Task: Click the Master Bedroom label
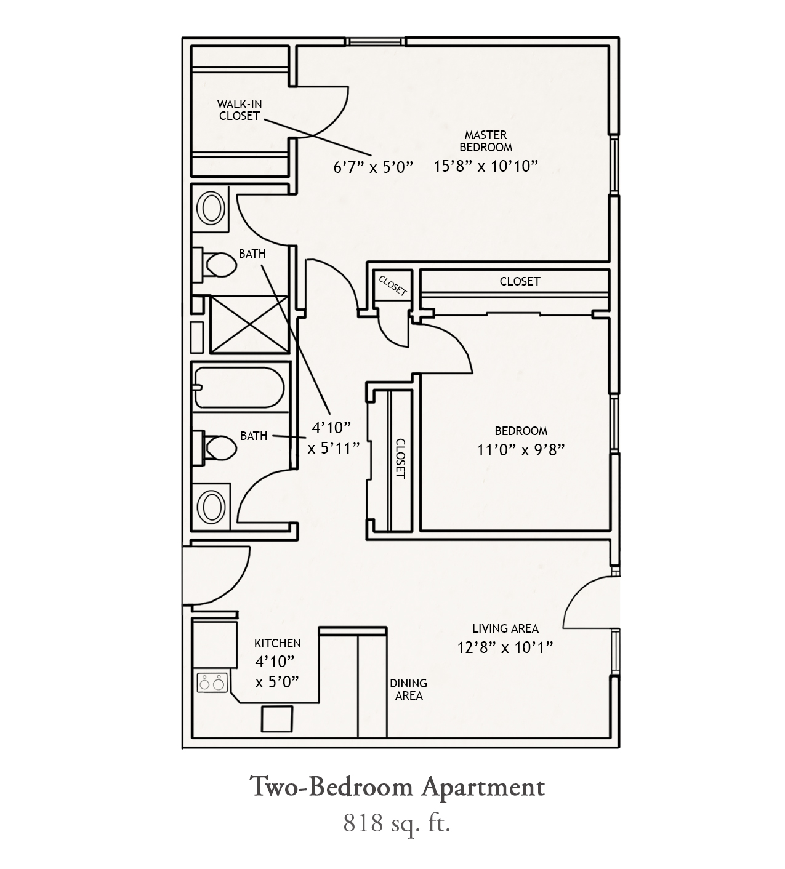(x=486, y=141)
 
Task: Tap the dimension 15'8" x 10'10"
(x=486, y=166)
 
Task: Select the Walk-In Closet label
(x=239, y=110)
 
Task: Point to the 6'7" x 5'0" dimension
(x=372, y=167)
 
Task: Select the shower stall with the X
(x=249, y=324)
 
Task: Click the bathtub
(x=239, y=388)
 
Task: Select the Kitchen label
(x=277, y=643)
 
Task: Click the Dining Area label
(x=408, y=689)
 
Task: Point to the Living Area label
(x=505, y=628)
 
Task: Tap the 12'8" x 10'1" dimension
(x=505, y=647)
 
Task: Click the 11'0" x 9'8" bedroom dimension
(x=521, y=450)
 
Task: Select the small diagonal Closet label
(x=393, y=286)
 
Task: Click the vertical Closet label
(x=400, y=459)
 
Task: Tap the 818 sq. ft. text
(x=397, y=823)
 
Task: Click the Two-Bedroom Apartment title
(x=397, y=788)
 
